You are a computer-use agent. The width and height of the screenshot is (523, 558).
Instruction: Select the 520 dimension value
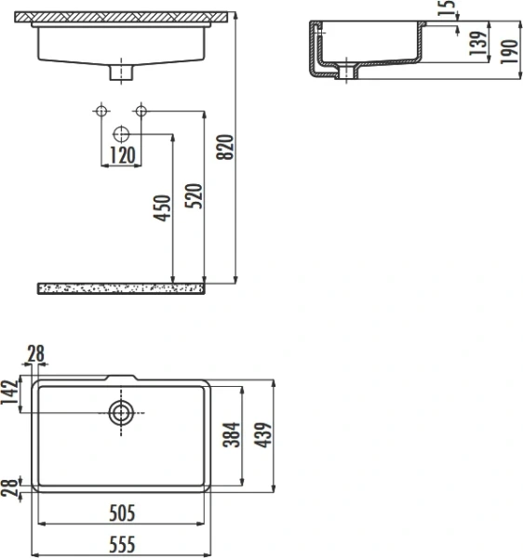(194, 194)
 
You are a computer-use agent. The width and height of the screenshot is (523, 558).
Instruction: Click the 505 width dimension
(121, 512)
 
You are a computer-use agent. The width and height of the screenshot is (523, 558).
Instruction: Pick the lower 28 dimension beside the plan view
(10, 487)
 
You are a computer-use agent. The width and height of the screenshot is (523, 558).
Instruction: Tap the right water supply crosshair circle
(141, 112)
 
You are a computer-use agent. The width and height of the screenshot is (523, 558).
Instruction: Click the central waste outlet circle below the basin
(121, 133)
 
